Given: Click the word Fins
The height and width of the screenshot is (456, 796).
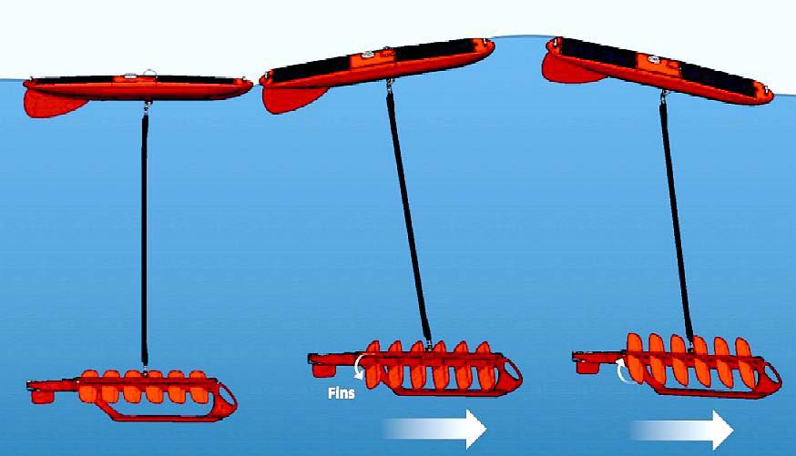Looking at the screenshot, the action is point(342,393).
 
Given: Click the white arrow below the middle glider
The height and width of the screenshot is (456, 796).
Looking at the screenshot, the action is point(435,429).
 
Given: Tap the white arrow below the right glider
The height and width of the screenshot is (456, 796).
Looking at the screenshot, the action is point(682,431).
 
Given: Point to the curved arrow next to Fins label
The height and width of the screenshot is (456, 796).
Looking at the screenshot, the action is point(359,366).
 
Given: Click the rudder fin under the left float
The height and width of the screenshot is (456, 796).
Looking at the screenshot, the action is point(54,104).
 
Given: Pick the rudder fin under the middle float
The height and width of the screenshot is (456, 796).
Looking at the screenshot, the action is point(292,99).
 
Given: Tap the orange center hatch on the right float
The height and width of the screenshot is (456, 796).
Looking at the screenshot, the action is point(658,65).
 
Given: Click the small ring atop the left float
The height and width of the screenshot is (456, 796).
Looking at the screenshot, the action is point(148,73).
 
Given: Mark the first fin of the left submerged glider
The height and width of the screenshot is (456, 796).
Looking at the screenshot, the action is point(88,386).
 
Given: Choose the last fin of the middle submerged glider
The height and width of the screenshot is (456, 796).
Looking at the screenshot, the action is point(485,366).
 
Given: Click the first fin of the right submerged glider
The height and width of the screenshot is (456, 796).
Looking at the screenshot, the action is point(635,358).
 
